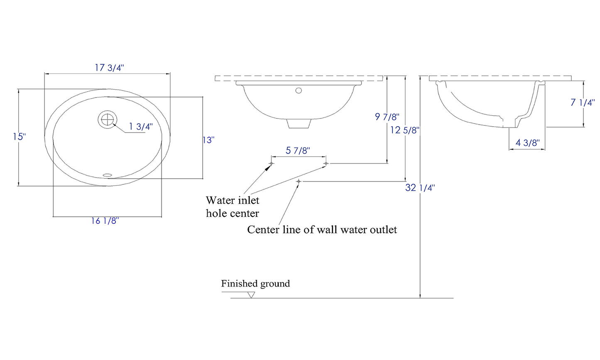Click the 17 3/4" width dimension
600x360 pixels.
(109, 68)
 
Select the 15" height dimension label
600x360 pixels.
(19, 137)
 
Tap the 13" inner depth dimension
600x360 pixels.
(208, 140)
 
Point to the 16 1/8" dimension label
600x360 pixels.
(105, 221)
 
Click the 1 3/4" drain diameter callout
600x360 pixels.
(140, 127)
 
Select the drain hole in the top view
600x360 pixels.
(107, 119)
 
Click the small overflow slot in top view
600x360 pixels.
(108, 175)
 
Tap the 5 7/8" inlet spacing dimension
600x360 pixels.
(297, 151)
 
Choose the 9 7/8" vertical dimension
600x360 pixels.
(387, 117)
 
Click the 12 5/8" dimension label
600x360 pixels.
(404, 130)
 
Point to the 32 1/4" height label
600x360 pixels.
(420, 188)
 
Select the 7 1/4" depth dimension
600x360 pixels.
(583, 103)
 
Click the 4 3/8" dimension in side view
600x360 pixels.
(527, 143)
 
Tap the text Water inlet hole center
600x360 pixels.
(233, 207)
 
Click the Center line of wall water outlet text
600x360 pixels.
(322, 230)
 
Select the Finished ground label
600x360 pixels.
(255, 284)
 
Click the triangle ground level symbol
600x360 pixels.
(251, 295)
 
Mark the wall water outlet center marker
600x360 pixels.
(299, 181)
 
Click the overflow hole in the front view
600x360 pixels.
(298, 90)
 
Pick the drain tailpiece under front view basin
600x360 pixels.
(299, 123)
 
